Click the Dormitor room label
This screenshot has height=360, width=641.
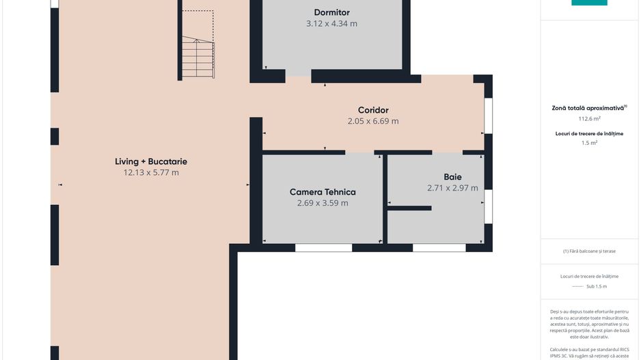click(x=331, y=13)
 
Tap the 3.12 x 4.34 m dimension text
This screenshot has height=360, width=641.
click(x=331, y=24)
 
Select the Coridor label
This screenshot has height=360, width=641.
click(x=373, y=111)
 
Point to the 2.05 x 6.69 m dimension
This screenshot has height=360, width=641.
click(x=373, y=122)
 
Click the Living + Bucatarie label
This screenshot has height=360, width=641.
click(x=151, y=162)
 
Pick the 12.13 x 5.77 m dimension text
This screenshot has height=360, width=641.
click(x=151, y=173)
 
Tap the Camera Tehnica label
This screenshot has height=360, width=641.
click(x=323, y=192)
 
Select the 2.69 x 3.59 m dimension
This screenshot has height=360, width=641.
click(x=323, y=203)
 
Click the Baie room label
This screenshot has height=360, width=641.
click(x=452, y=178)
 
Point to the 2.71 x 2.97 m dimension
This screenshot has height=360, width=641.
click(x=452, y=189)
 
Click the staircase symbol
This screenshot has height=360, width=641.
click(x=198, y=57)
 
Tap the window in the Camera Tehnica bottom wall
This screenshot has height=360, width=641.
click(x=324, y=247)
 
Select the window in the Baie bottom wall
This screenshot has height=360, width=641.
click(x=439, y=247)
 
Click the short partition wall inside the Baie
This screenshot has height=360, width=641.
click(x=409, y=208)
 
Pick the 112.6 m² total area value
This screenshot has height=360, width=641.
click(x=589, y=119)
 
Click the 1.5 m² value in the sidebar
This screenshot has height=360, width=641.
click(x=589, y=143)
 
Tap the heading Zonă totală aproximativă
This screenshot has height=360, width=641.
click(x=589, y=109)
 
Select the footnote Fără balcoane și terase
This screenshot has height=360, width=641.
click(x=589, y=251)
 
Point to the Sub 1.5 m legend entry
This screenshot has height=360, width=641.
click(x=597, y=286)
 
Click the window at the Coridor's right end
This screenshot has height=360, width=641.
click(x=488, y=115)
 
